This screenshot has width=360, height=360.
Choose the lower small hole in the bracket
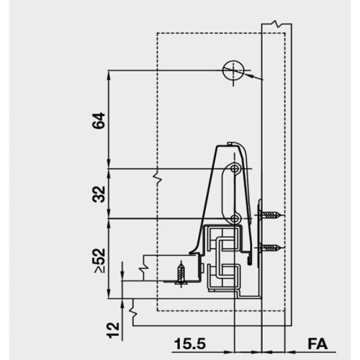tap(235, 218)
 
